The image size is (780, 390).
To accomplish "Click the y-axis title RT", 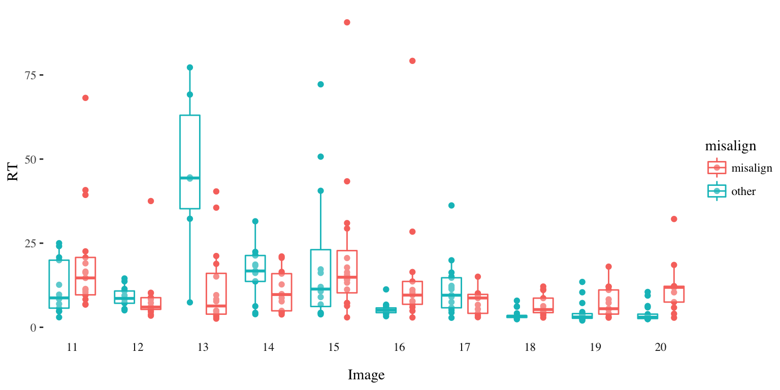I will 13,173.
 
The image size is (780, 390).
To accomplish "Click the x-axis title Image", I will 366,375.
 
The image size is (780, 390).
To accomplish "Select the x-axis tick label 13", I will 203,348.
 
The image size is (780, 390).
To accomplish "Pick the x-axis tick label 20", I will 661,348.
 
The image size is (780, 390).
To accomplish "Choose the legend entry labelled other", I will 743,191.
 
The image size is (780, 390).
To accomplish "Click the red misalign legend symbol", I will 717,168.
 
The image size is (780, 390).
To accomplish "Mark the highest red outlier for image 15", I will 347,22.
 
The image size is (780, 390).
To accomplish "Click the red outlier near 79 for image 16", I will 412,61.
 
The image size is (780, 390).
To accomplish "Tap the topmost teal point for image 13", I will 190,68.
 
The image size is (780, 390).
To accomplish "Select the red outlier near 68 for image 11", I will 85,98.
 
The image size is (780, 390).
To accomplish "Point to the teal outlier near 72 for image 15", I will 321,84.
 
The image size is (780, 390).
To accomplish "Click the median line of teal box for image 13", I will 190,178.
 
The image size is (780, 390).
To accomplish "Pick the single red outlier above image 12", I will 151,201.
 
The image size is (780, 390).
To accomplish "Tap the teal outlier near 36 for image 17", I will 451,206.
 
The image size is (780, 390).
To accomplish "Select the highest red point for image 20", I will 674,219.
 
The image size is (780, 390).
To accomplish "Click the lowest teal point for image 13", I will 190,302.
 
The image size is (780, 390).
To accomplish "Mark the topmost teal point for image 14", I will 255,221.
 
